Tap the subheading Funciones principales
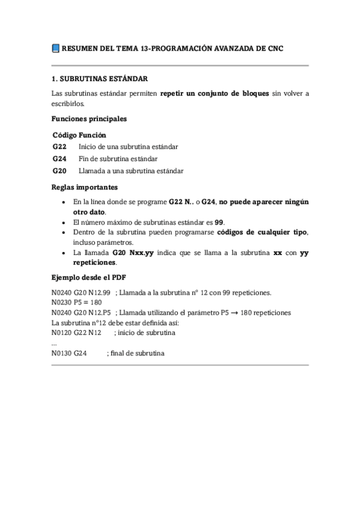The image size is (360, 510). [89, 119]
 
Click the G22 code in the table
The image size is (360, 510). [59, 147]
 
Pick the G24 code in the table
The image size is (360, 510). [59, 159]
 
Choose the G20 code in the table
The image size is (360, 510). [59, 171]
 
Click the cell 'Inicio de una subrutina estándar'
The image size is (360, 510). [128, 147]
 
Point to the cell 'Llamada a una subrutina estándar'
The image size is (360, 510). [130, 171]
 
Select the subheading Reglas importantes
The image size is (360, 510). [84, 187]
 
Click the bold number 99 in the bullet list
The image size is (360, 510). [219, 222]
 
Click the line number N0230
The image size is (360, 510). [62, 303]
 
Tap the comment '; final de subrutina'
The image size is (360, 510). [135, 353]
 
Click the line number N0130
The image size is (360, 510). [62, 353]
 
